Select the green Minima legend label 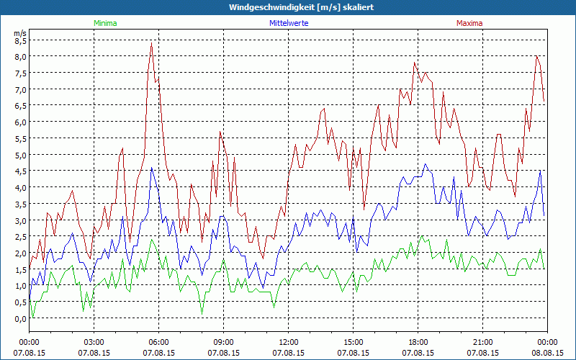[104, 23]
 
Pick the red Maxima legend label [469, 23]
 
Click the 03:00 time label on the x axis [94, 342]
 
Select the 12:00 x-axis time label [289, 342]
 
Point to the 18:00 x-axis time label [418, 342]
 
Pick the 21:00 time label [483, 342]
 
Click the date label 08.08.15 [547, 353]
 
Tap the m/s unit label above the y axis [20, 32]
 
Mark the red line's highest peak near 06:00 [151, 42]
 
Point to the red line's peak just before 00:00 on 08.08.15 [536, 56]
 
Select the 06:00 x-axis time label [159, 342]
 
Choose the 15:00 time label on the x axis [354, 342]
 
